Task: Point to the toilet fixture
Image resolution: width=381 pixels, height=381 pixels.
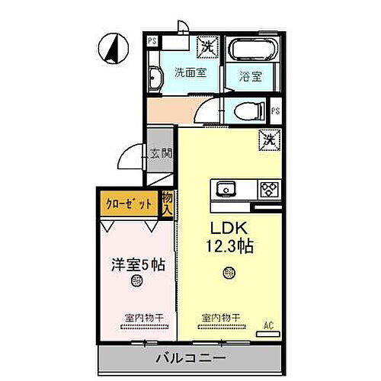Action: [247, 110]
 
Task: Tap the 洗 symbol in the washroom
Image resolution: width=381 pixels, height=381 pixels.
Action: [206, 46]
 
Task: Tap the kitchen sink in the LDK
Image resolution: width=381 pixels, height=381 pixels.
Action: [226, 188]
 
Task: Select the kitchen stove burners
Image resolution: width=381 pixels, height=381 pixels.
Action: [270, 188]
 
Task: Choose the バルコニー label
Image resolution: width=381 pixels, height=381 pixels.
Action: [194, 356]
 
